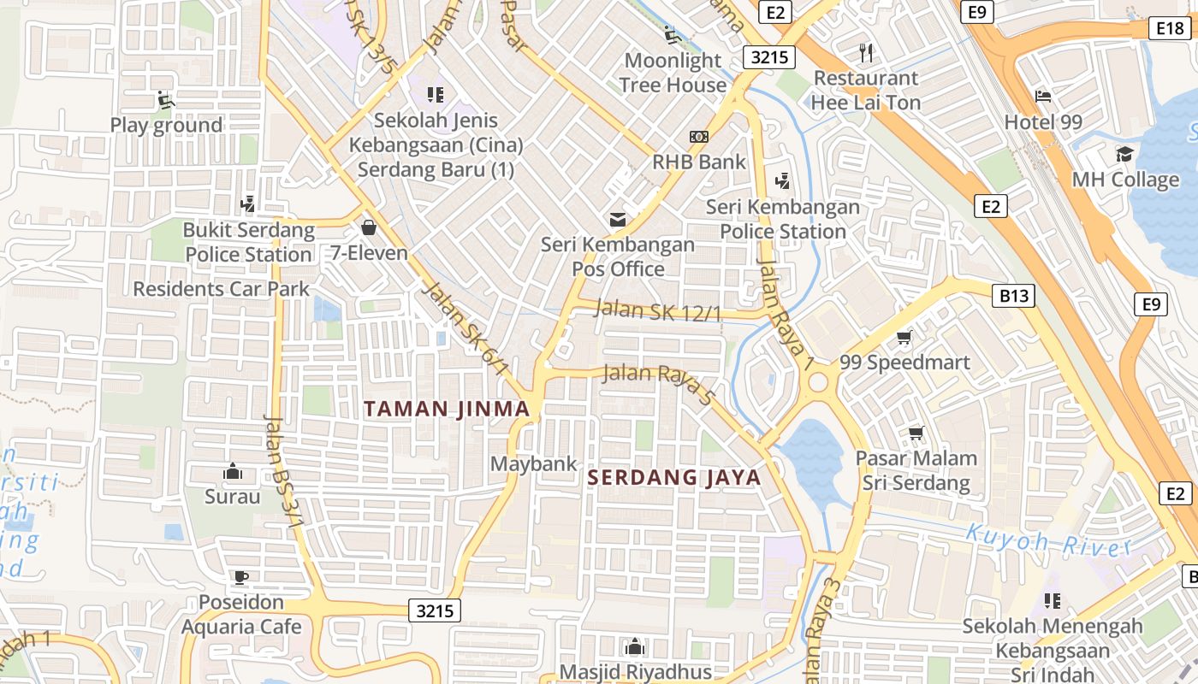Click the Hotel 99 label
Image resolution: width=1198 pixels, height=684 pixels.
coord(1043,122)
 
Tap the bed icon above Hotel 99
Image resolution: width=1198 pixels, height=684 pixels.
coord(1043,96)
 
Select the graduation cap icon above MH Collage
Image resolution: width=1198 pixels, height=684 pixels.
coord(1124,155)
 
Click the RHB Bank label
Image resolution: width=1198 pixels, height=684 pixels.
coord(699,162)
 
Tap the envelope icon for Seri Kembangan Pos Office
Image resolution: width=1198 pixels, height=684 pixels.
coord(618,220)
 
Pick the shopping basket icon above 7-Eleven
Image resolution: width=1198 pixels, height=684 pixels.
coord(369,227)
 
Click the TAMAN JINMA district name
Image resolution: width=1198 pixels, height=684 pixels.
coord(447,409)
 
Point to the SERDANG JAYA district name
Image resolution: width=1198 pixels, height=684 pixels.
coord(675,477)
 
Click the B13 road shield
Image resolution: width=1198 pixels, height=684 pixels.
coord(1014,296)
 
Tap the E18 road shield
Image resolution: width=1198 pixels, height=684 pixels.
coord(1170,29)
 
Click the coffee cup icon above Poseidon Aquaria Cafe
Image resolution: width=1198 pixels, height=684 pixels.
coord(241,577)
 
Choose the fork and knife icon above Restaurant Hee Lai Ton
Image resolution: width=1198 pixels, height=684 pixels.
coord(866,53)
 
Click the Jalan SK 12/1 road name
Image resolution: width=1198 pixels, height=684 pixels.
coord(658,311)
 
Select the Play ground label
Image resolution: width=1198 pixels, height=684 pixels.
coord(166,125)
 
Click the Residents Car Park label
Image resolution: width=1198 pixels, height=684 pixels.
coord(221,289)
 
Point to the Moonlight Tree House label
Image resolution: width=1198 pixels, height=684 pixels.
coord(673,73)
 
